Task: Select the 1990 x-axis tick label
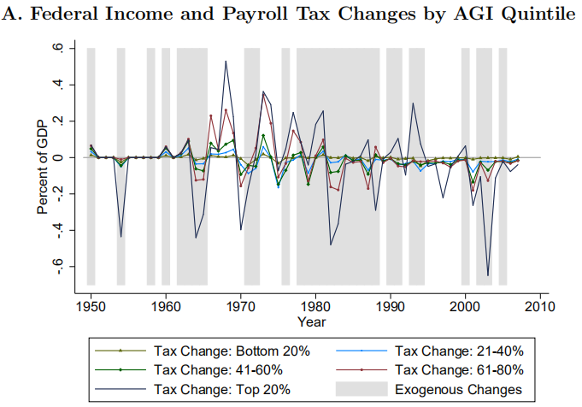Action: click(x=391, y=306)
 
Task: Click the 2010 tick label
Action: click(x=540, y=306)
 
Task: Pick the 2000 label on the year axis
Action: click(x=465, y=306)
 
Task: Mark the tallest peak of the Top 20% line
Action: click(x=225, y=61)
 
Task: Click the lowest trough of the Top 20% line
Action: click(x=488, y=275)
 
